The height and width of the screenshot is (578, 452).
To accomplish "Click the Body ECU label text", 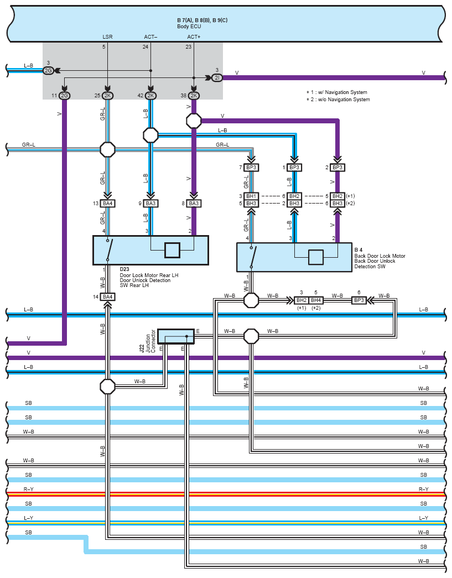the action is pos(189,27).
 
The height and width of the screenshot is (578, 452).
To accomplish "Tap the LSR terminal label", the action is pos(107,37).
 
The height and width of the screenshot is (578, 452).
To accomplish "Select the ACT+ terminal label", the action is pos(194,37).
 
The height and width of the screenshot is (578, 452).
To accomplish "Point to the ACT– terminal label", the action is pos(150,37).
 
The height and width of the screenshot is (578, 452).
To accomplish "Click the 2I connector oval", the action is pos(217,78).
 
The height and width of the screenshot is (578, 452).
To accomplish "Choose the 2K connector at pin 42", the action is pos(150,96).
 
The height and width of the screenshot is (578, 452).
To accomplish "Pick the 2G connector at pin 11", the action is pos(65,96).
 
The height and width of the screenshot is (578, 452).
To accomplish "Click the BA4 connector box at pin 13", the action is pos(108,204).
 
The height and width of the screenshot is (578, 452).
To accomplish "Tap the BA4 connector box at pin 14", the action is pos(108,296).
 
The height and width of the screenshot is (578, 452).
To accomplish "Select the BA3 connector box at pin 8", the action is pos(194,204).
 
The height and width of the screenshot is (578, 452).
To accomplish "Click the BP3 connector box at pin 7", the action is pos(251,168).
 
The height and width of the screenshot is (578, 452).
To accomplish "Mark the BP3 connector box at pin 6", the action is pos(359,300).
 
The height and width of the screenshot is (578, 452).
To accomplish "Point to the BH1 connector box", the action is pos(251,196).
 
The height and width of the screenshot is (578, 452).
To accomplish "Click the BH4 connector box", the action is pos(316,300).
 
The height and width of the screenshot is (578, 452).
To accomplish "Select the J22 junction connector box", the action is pos(176,336).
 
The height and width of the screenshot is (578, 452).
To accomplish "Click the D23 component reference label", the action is pos(124,269).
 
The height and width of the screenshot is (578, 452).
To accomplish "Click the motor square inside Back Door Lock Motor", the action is pos(315,257).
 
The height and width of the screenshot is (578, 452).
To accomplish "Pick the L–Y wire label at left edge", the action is pos(28,518).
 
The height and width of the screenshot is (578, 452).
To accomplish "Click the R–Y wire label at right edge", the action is pos(423,489).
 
